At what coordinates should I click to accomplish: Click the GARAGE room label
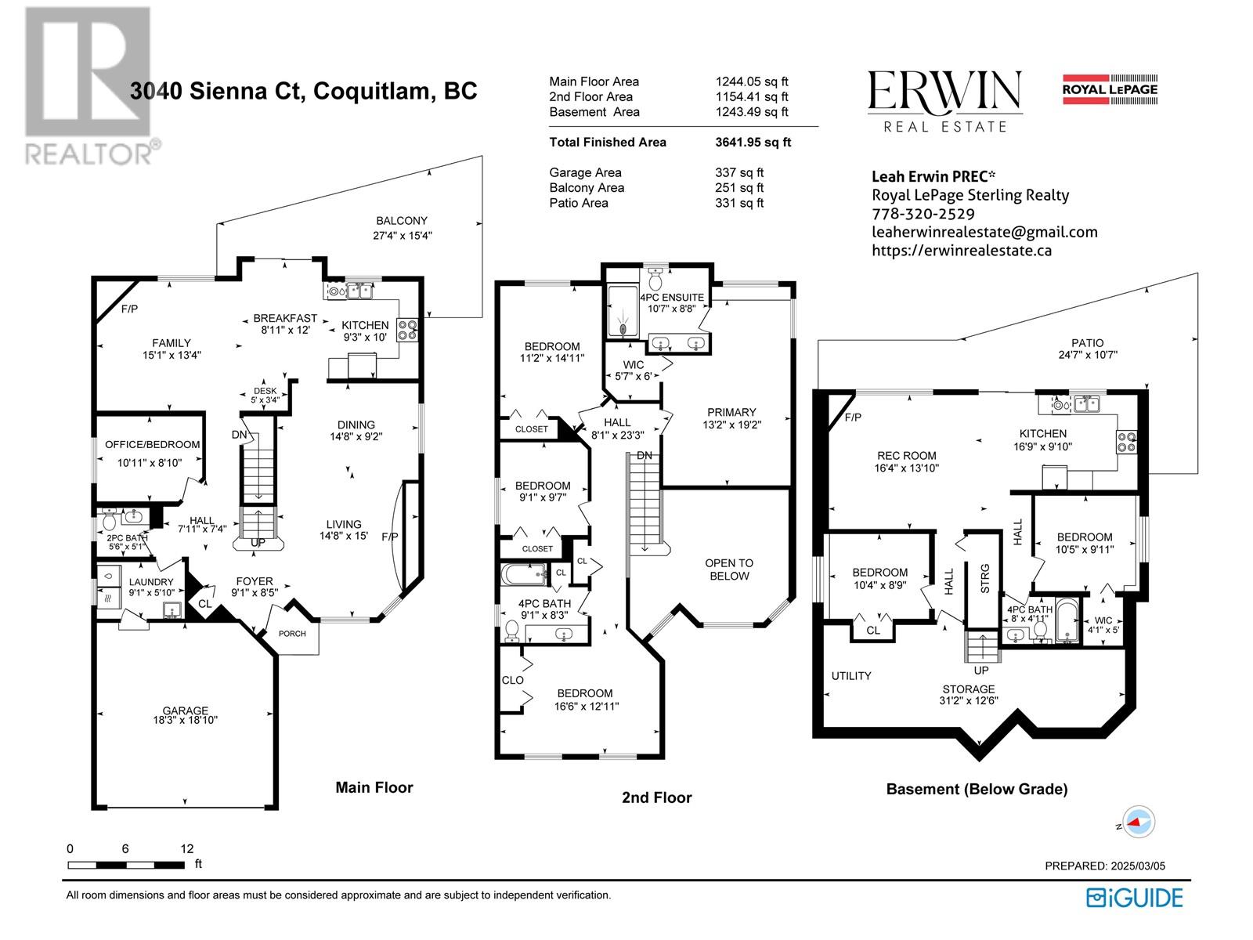(x=185, y=710)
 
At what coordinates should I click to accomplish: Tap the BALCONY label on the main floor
(x=401, y=220)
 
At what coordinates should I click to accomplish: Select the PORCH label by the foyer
(x=291, y=634)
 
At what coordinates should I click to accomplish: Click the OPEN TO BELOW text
(x=729, y=569)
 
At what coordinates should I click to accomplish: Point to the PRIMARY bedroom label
(x=731, y=412)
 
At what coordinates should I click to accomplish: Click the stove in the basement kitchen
(x=1125, y=443)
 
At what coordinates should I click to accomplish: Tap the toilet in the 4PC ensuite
(x=655, y=279)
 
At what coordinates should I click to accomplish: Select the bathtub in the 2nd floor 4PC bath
(x=523, y=575)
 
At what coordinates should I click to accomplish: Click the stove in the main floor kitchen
(x=407, y=330)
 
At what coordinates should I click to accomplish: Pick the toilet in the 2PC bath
(x=108, y=520)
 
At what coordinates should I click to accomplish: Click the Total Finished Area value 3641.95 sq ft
(x=753, y=142)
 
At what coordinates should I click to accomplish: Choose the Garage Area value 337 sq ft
(x=739, y=172)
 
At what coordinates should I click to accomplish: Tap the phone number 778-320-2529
(x=923, y=213)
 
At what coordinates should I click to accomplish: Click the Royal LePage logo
(x=1110, y=89)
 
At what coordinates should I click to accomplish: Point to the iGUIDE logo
(x=1134, y=898)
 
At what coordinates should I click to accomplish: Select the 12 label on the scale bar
(x=186, y=848)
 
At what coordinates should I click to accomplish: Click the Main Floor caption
(x=374, y=787)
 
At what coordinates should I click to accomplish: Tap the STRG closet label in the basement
(x=984, y=578)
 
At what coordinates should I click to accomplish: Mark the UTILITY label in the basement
(x=851, y=676)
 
